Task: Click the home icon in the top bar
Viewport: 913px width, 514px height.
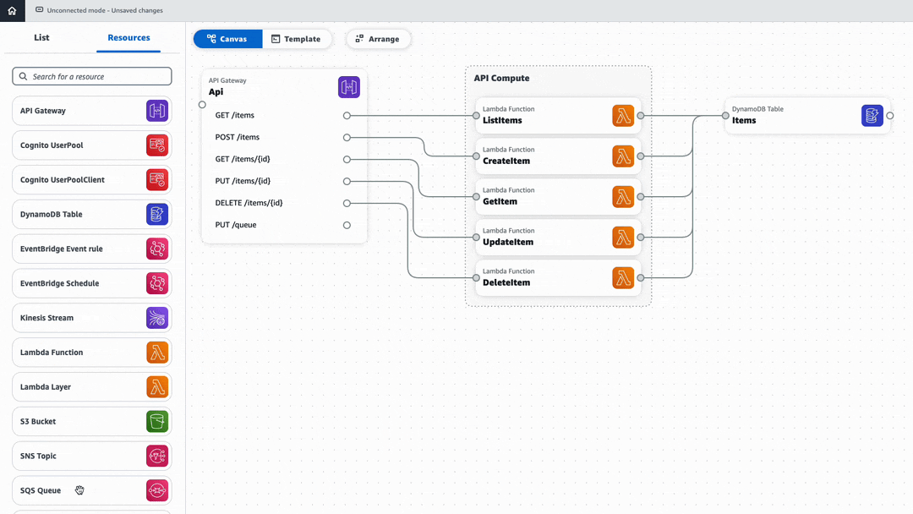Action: pyautogui.click(x=12, y=11)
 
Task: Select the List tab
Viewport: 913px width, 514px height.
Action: pyautogui.click(x=41, y=38)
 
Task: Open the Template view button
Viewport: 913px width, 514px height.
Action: pyautogui.click(x=296, y=39)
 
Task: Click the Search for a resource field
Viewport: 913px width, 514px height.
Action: pyautogui.click(x=92, y=77)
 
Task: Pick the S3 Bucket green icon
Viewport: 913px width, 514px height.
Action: pyautogui.click(x=157, y=421)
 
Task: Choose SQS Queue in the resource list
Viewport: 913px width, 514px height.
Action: pyautogui.click(x=41, y=490)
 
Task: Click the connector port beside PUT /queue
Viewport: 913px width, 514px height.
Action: pyautogui.click(x=347, y=226)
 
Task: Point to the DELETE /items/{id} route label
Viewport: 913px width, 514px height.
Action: pyautogui.click(x=249, y=203)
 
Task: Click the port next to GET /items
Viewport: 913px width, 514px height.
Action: pyautogui.click(x=347, y=116)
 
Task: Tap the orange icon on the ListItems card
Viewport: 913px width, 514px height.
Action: pyautogui.click(x=623, y=116)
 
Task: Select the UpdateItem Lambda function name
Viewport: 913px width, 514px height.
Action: pyautogui.click(x=508, y=243)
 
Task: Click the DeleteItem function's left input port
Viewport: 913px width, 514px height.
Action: pyautogui.click(x=476, y=278)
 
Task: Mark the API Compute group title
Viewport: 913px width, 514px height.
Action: pyautogui.click(x=501, y=79)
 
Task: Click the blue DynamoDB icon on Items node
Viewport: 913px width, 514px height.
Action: pyautogui.click(x=872, y=116)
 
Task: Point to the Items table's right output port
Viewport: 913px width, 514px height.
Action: pyautogui.click(x=890, y=116)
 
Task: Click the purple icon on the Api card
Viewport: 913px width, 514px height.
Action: pyautogui.click(x=348, y=87)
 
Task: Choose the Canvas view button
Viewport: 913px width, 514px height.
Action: pyautogui.click(x=227, y=39)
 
